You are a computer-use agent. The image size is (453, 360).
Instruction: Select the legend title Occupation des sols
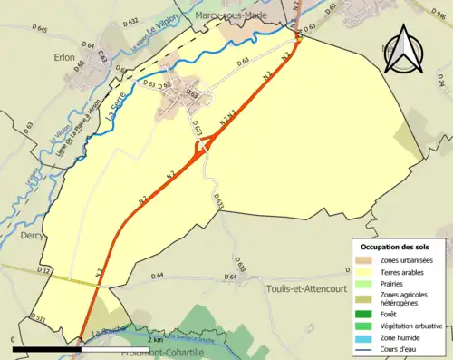[x=397, y=247]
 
